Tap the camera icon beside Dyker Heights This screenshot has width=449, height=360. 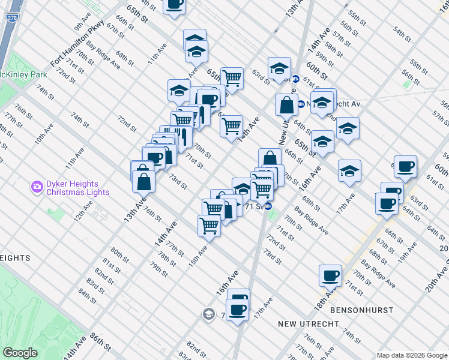[x=37, y=187]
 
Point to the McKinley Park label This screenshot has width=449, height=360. [x=23, y=75]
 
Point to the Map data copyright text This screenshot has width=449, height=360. [x=411, y=355]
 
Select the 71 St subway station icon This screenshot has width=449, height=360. [x=269, y=206]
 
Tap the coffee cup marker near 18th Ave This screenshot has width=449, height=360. [x=330, y=275]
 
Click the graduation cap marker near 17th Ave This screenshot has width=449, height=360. [x=349, y=171]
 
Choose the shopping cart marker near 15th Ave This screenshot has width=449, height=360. [x=209, y=226]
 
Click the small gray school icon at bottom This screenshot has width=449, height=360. [x=208, y=314]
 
